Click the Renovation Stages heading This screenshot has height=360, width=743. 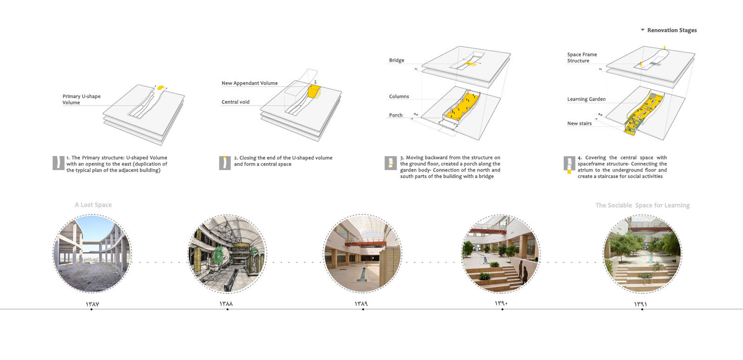[671, 30]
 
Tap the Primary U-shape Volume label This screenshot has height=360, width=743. [81, 99]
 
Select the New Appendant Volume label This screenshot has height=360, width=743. [249, 83]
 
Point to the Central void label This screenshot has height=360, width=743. [235, 102]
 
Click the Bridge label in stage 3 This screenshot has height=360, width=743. [396, 60]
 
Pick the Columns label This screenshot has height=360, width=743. [399, 96]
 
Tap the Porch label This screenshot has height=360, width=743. [395, 115]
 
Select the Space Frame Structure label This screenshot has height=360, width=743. [581, 57]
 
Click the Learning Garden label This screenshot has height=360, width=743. [586, 99]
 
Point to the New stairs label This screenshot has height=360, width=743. [579, 124]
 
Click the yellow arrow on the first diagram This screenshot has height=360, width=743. [161, 88]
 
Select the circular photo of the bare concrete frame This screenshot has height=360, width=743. [92, 254]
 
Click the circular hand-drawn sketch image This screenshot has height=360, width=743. [227, 254]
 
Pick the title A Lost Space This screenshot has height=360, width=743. [93, 205]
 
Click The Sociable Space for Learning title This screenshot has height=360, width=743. [642, 205]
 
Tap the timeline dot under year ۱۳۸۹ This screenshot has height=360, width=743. [363, 309]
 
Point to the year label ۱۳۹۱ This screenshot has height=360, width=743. [641, 304]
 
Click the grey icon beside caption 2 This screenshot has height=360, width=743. [225, 163]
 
